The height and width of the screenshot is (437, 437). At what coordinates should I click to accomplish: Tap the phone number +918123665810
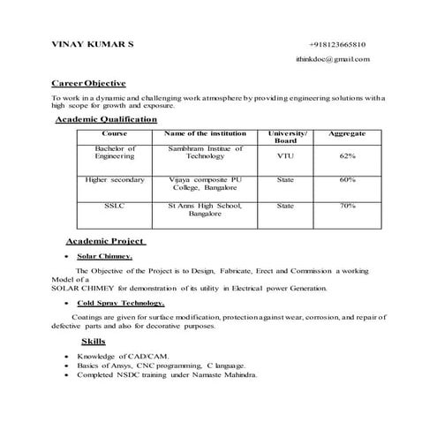tap(337, 44)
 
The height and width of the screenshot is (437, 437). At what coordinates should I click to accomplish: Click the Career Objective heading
tap(89, 82)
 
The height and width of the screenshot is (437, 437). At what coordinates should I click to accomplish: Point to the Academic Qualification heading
tap(106, 119)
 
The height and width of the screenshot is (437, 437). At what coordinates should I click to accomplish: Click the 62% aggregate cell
tap(347, 155)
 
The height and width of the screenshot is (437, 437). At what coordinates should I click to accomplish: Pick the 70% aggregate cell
tap(347, 206)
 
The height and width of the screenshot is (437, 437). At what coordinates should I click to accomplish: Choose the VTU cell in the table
tap(285, 155)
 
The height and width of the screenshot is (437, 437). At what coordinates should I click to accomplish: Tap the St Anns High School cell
tap(205, 210)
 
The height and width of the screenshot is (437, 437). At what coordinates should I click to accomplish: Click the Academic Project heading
tap(106, 241)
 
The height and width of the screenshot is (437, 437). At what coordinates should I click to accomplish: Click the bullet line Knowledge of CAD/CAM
tap(123, 355)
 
